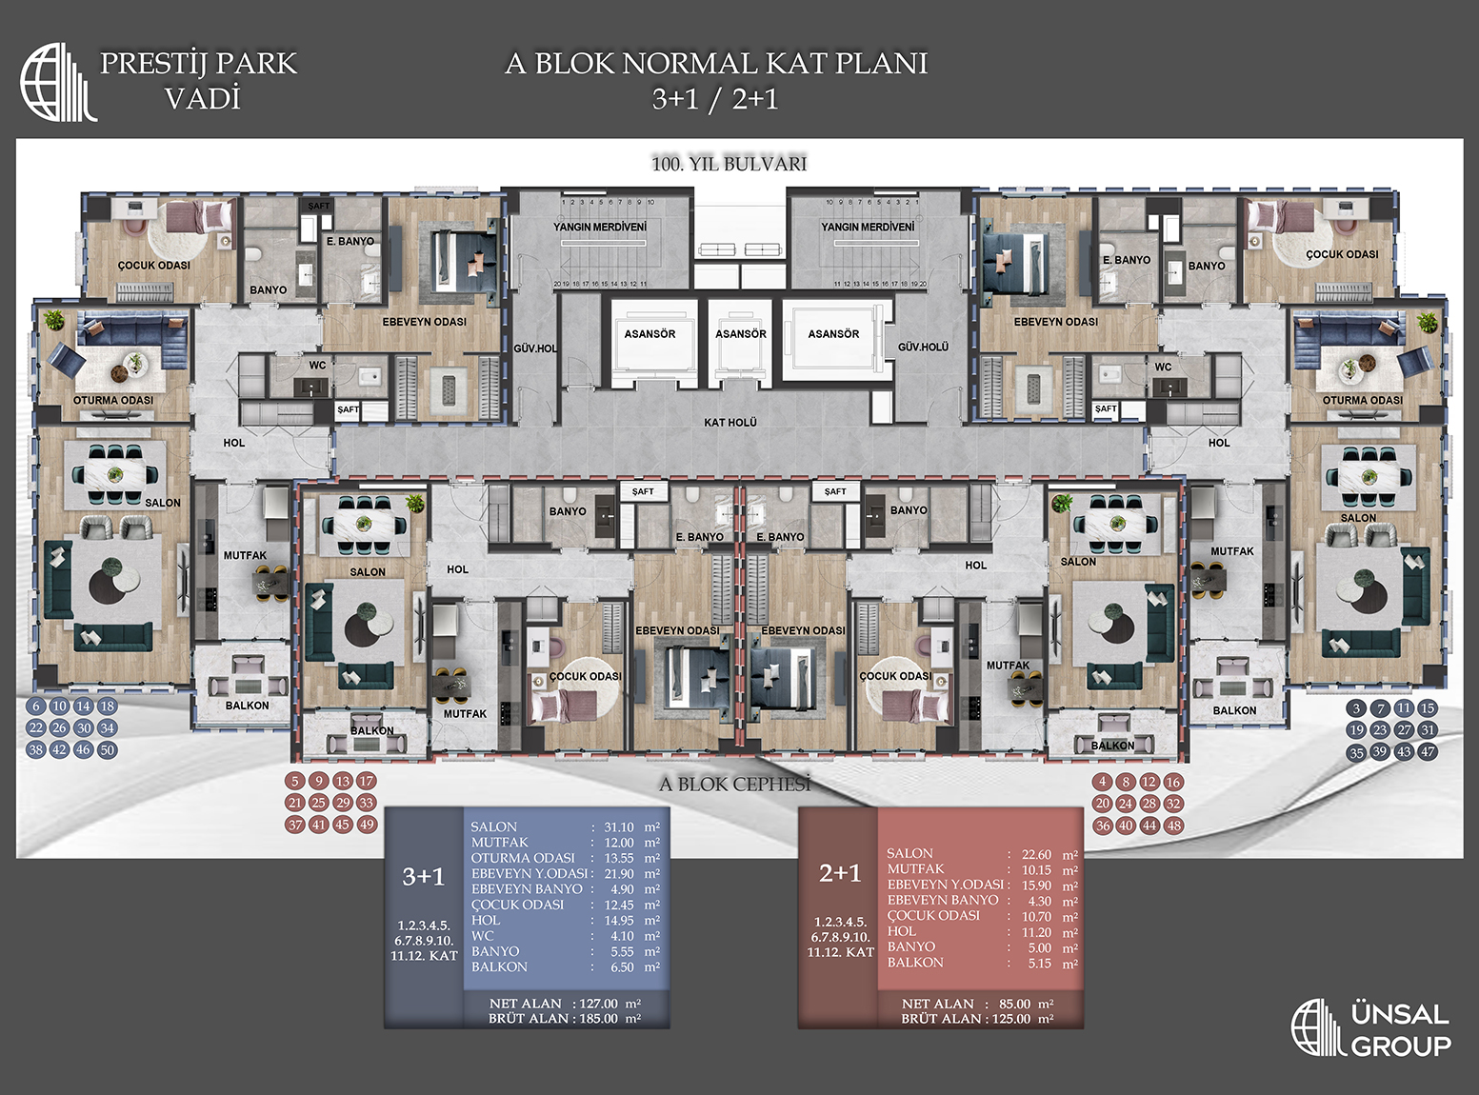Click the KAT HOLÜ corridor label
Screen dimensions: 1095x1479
point(730,422)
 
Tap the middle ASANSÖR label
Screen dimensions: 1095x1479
point(740,334)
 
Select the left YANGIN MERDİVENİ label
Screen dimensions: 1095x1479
point(600,227)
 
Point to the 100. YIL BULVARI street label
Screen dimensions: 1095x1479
point(729,164)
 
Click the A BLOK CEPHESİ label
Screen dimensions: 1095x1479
point(734,785)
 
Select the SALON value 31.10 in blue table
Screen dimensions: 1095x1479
point(618,827)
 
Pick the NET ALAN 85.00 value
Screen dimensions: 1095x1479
point(1014,1004)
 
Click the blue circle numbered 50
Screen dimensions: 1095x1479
point(107,750)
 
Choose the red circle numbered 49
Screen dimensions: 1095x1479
point(367,825)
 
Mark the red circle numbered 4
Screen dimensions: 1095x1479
point(1103,782)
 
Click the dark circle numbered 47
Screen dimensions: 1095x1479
point(1427,751)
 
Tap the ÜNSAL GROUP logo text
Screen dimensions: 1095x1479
point(1400,1030)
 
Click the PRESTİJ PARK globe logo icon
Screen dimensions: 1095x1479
point(57,82)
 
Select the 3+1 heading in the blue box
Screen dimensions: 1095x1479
point(423,876)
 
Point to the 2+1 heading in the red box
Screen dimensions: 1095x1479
point(839,873)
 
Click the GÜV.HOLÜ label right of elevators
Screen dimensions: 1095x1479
point(923,348)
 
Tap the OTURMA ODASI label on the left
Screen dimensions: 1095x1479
point(112,400)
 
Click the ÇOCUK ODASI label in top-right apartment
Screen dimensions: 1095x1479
point(1341,254)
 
